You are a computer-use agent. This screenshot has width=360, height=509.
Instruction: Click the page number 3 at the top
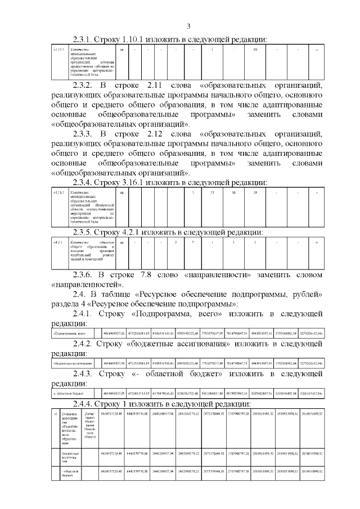pos(189,26)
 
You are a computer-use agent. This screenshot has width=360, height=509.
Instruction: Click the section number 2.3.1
pos(86,39)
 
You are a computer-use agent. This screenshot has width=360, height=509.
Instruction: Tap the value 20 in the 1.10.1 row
pos(255,51)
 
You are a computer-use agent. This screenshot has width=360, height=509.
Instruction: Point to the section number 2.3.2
pos(86,85)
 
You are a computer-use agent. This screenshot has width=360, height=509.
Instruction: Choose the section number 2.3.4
pos(86,182)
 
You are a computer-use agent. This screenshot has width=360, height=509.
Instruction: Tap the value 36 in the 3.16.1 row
pos(233,193)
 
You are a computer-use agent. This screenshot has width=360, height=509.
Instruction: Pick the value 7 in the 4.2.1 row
pos(192,242)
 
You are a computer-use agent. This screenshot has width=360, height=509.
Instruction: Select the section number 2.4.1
pos(86,313)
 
